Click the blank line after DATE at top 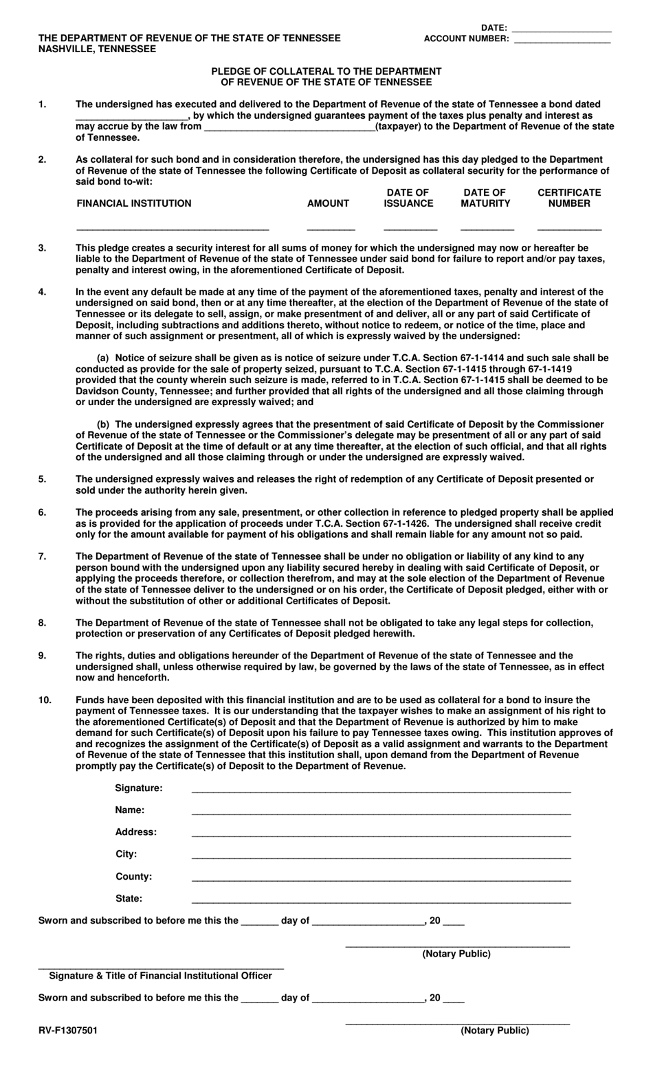click(x=562, y=30)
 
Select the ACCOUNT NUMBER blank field click(x=562, y=41)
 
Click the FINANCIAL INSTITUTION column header click(x=133, y=203)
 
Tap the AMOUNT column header click(x=328, y=203)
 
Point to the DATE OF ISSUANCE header click(x=408, y=198)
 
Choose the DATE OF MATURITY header click(x=485, y=198)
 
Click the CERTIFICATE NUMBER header click(x=569, y=198)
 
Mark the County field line click(x=381, y=879)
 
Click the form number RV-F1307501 click(x=67, y=1031)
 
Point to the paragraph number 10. click(x=45, y=700)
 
